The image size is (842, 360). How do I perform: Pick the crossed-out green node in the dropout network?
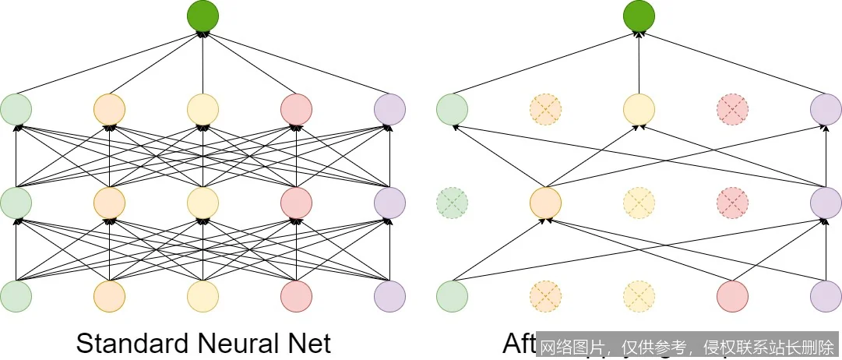452,203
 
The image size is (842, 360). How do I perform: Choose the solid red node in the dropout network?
732,296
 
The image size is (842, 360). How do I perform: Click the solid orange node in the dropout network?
545,203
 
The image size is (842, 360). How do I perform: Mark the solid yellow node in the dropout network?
639,109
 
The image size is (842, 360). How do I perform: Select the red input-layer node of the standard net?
296,296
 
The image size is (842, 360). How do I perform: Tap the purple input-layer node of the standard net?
389,296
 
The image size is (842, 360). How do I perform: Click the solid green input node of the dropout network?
452,296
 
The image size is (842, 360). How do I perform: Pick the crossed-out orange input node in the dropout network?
545,296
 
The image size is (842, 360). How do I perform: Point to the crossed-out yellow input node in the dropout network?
639,296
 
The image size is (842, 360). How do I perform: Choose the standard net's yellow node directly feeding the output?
203,109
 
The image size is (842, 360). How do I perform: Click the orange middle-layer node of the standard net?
109,203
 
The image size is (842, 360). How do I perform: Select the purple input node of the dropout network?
826,296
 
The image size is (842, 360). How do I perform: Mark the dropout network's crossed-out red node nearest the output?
732,109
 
